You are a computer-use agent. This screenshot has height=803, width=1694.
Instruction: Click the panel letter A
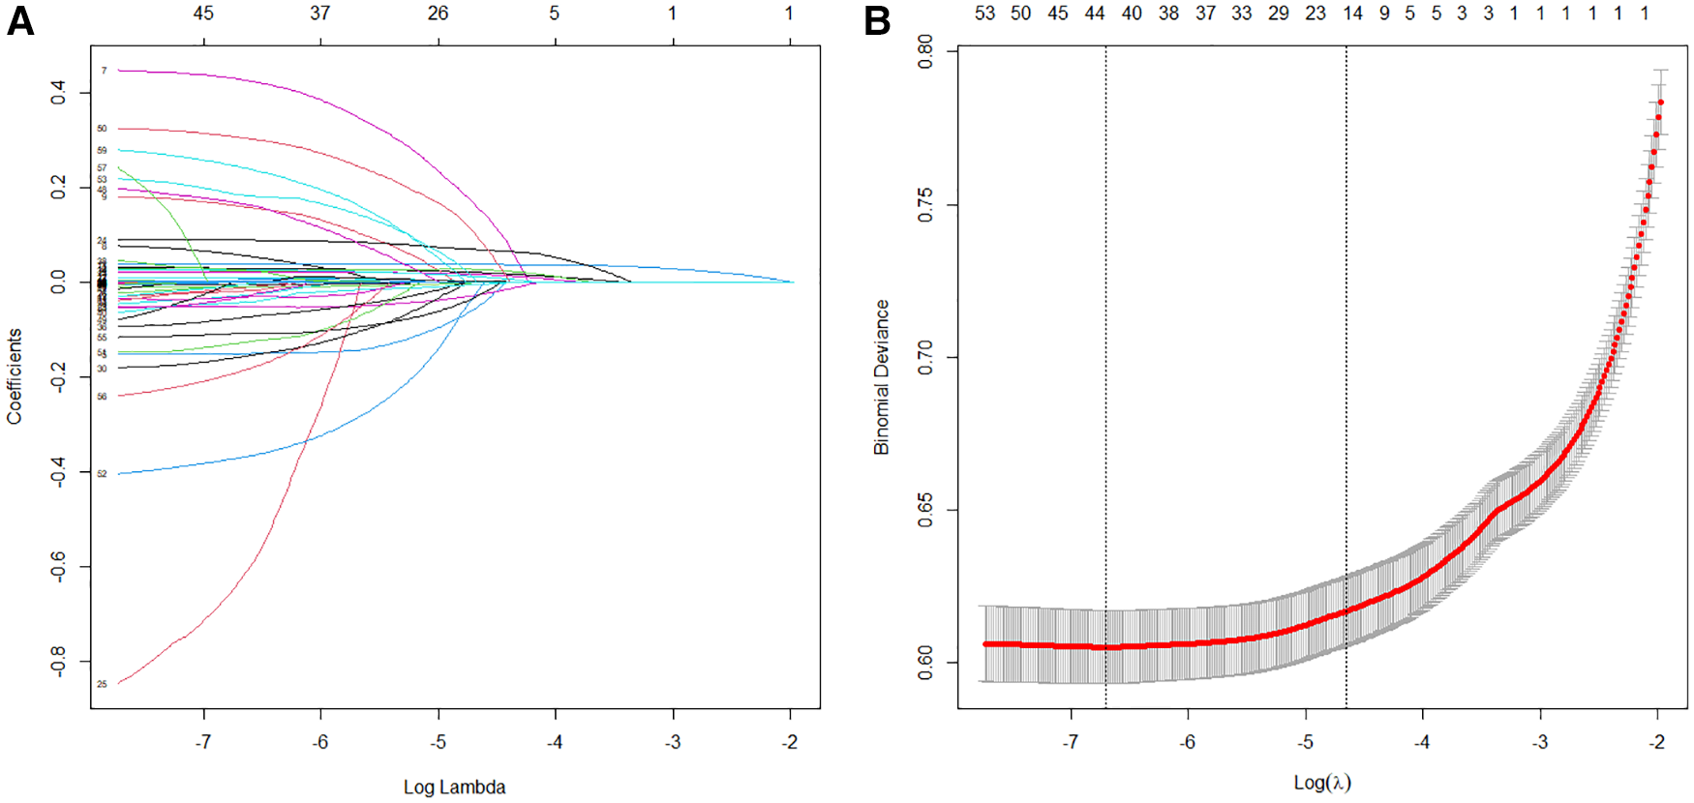click(20, 20)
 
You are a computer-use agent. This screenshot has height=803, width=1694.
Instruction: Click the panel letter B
click(877, 20)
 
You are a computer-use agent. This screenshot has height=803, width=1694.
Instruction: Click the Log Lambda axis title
click(454, 787)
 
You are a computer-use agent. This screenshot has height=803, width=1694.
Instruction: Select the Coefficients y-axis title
click(14, 376)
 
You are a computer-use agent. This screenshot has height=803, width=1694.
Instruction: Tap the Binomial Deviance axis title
click(881, 377)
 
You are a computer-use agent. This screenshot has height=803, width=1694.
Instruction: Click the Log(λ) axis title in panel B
click(1322, 782)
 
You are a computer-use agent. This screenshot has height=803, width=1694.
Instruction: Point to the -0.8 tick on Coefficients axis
click(58, 662)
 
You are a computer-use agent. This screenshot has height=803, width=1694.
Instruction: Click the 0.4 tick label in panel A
click(58, 93)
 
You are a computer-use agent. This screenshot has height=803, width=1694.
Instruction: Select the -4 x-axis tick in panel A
click(555, 742)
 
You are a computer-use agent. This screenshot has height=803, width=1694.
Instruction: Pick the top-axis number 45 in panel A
click(203, 13)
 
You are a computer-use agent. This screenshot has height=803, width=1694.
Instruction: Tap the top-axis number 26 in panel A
click(438, 13)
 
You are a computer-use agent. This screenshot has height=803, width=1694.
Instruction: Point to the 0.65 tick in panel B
click(925, 510)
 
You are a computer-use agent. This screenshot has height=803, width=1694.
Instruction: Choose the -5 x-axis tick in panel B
click(1305, 742)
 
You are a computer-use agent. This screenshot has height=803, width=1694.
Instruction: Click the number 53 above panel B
click(984, 13)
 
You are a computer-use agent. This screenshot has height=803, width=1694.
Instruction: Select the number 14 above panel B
click(1352, 13)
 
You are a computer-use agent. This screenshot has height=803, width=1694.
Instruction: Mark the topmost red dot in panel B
click(1660, 102)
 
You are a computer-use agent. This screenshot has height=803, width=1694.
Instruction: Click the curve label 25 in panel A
click(102, 684)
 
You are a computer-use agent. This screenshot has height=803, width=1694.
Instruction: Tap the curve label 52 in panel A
click(102, 474)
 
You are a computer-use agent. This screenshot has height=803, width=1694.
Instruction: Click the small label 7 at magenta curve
click(105, 71)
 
